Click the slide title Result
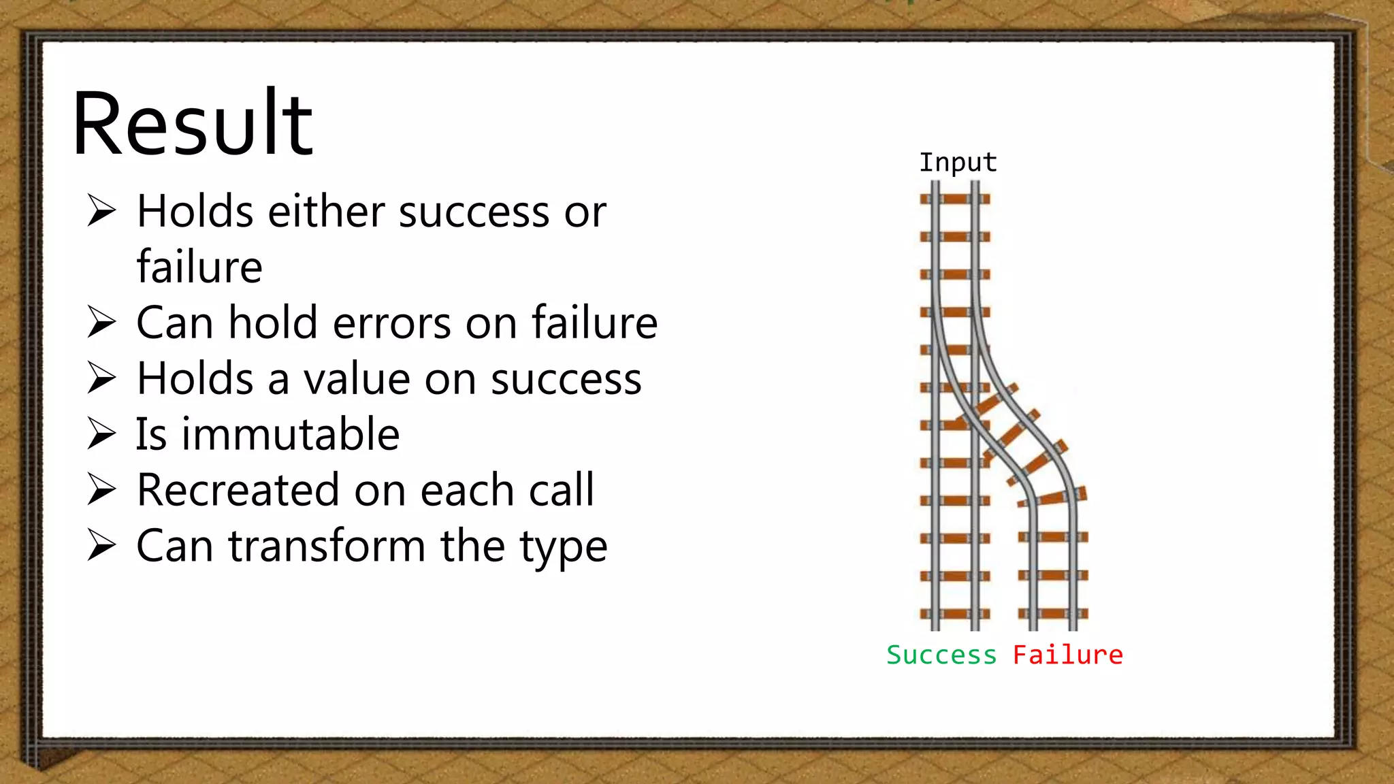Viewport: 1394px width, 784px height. click(x=192, y=124)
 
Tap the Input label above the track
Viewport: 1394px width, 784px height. click(x=958, y=163)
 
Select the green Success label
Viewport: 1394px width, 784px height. click(x=941, y=655)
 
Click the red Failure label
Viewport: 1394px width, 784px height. click(x=1067, y=655)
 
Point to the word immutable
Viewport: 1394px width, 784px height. click(x=291, y=434)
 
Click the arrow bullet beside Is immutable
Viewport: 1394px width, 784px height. click(x=102, y=434)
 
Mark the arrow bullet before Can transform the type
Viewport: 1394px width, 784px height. click(x=102, y=546)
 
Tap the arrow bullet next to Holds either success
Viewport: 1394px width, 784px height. click(x=102, y=211)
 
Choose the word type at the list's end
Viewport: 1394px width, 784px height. click(x=564, y=547)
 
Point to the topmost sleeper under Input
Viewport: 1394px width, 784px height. click(x=955, y=199)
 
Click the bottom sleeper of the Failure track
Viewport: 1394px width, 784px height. click(x=1053, y=614)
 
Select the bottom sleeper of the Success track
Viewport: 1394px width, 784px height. click(x=955, y=614)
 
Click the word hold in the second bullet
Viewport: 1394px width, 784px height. click(x=272, y=323)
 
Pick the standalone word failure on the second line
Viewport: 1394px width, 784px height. click(x=199, y=267)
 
